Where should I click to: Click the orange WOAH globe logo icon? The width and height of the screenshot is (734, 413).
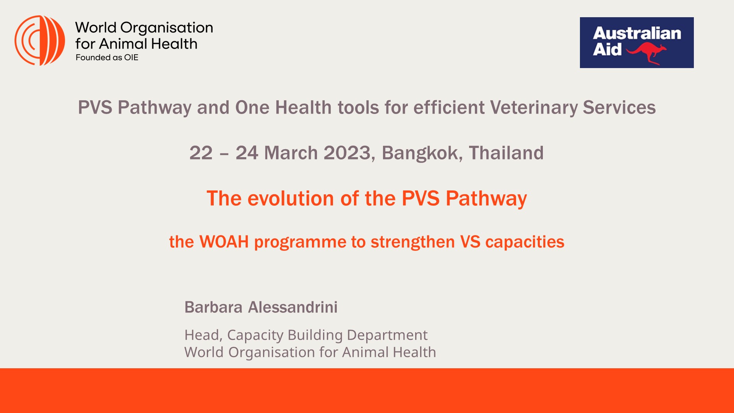pos(40,41)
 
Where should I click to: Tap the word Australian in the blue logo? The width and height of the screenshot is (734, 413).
pos(637,33)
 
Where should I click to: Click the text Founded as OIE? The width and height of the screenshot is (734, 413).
pos(107,58)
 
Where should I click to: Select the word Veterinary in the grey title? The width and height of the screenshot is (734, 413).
pos(534,107)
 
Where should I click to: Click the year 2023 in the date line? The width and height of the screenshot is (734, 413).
pos(347,153)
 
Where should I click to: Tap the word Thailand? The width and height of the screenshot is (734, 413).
pos(506,153)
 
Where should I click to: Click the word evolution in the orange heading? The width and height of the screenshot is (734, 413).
pos(291,198)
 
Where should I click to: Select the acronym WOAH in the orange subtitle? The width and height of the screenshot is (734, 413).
pos(224,242)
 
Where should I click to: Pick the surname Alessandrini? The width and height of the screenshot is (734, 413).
pos(293,307)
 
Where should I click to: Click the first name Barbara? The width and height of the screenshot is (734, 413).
pos(213,307)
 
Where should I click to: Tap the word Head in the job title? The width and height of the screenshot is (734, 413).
pos(203,335)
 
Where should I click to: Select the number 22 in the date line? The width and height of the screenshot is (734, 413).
pos(201,153)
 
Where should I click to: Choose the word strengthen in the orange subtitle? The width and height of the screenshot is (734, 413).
pos(412,242)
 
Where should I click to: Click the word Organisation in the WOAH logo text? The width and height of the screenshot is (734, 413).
pos(166,28)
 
